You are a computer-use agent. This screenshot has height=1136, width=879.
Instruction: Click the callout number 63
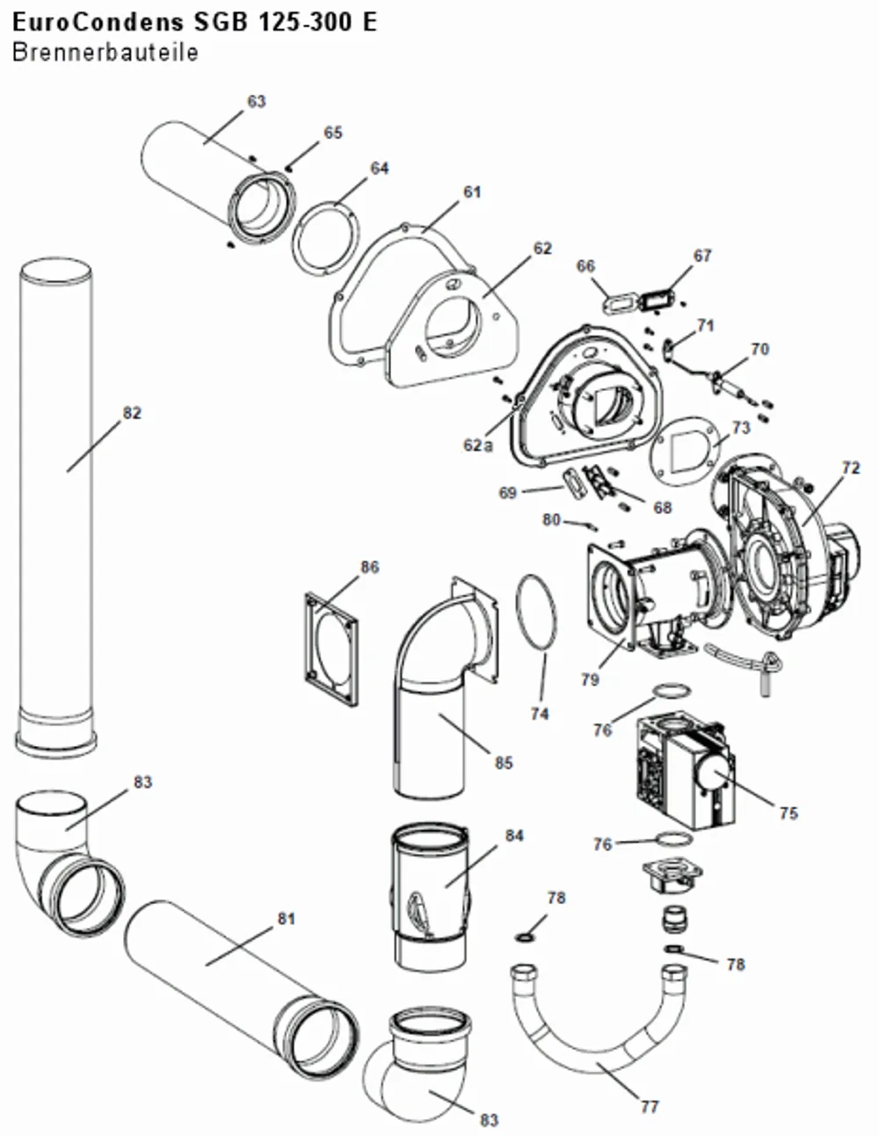(x=256, y=101)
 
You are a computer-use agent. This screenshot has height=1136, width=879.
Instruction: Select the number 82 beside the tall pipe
(x=133, y=413)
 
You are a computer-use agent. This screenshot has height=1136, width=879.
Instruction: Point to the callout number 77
(x=650, y=1107)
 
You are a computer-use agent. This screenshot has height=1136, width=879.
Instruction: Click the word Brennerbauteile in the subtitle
(x=105, y=53)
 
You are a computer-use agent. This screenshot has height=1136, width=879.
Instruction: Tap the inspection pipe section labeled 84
(x=430, y=898)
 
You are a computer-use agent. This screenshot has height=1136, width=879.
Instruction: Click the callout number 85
(x=504, y=763)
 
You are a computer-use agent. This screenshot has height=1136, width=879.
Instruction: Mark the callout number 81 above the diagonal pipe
(x=287, y=918)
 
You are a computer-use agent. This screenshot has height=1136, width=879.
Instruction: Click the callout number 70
(x=759, y=349)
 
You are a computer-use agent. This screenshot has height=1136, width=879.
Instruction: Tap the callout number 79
(x=590, y=680)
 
